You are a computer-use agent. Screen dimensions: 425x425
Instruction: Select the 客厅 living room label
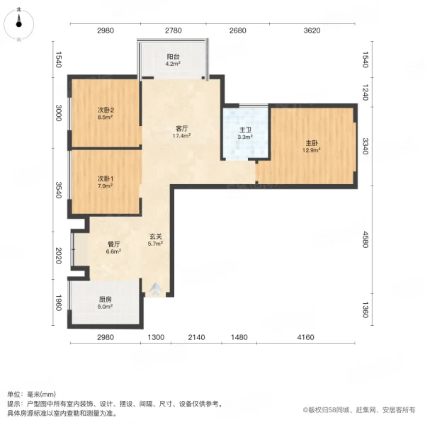[182, 129]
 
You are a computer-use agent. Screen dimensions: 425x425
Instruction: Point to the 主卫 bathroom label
[245, 129]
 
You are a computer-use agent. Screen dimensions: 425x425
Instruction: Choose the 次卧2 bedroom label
[106, 110]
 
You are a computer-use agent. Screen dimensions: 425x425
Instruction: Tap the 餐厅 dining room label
[114, 243]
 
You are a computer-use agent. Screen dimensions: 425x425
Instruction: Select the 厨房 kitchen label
[105, 299]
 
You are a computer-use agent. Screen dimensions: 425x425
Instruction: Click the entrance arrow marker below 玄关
[155, 289]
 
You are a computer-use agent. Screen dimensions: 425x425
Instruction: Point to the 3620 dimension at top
[312, 30]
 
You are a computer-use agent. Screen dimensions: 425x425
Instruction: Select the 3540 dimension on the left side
[59, 190]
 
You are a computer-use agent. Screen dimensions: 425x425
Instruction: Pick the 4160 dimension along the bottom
[305, 337]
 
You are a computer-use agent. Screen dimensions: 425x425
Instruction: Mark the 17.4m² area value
[182, 136]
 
